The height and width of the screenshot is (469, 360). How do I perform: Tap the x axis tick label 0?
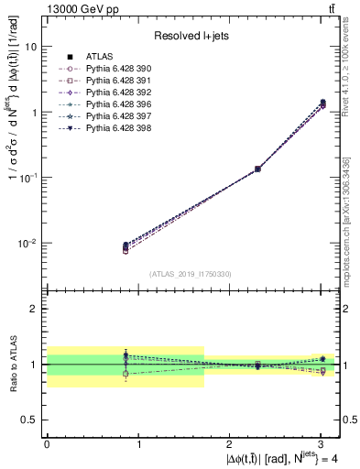47,444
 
